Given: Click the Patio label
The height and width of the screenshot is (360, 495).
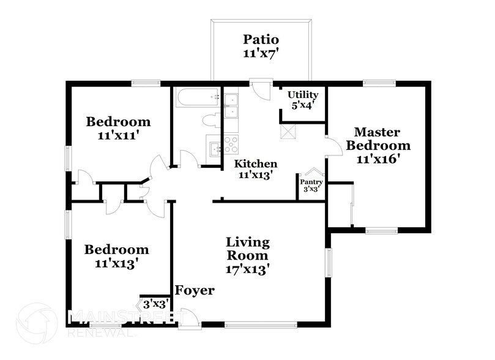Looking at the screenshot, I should pyautogui.click(x=261, y=39).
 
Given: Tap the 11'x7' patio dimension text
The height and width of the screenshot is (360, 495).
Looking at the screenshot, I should pyautogui.click(x=261, y=53).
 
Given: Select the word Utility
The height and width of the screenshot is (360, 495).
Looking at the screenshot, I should pyautogui.click(x=303, y=94).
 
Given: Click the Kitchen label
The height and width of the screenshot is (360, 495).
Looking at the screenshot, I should pyautogui.click(x=256, y=163).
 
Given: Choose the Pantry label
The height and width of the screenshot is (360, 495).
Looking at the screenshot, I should pyautogui.click(x=311, y=181).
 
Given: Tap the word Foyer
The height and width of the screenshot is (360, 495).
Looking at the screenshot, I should pyautogui.click(x=195, y=290).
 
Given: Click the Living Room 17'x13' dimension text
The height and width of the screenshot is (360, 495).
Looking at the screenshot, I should pyautogui.click(x=248, y=269).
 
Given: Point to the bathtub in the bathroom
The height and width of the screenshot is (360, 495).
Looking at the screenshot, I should pyautogui.click(x=197, y=97).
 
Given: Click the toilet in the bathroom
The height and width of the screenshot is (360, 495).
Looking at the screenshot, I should pyautogui.click(x=210, y=120).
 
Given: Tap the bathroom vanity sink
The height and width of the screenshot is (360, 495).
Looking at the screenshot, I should pyautogui.click(x=214, y=148).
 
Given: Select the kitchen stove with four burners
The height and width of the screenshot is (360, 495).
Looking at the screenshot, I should pyautogui.click(x=231, y=144).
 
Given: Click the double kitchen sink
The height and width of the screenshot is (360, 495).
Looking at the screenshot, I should pyautogui.click(x=231, y=106).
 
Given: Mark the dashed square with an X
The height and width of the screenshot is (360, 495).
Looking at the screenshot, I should pyautogui.click(x=288, y=131).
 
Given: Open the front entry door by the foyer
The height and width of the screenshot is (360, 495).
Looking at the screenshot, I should pyautogui.click(x=190, y=318).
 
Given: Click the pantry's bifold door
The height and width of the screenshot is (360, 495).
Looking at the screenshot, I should pyautogui.click(x=313, y=172).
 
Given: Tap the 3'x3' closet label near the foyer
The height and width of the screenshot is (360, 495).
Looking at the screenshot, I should pyautogui.click(x=155, y=303).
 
